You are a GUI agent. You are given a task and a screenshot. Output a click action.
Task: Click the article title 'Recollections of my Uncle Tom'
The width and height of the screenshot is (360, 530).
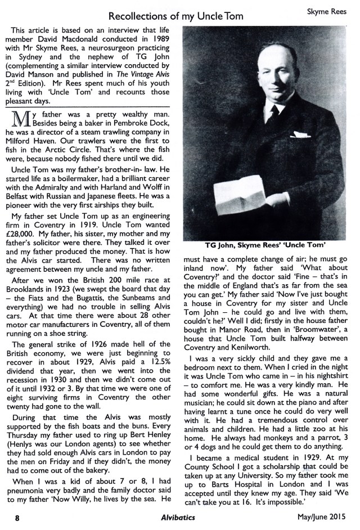175,16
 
